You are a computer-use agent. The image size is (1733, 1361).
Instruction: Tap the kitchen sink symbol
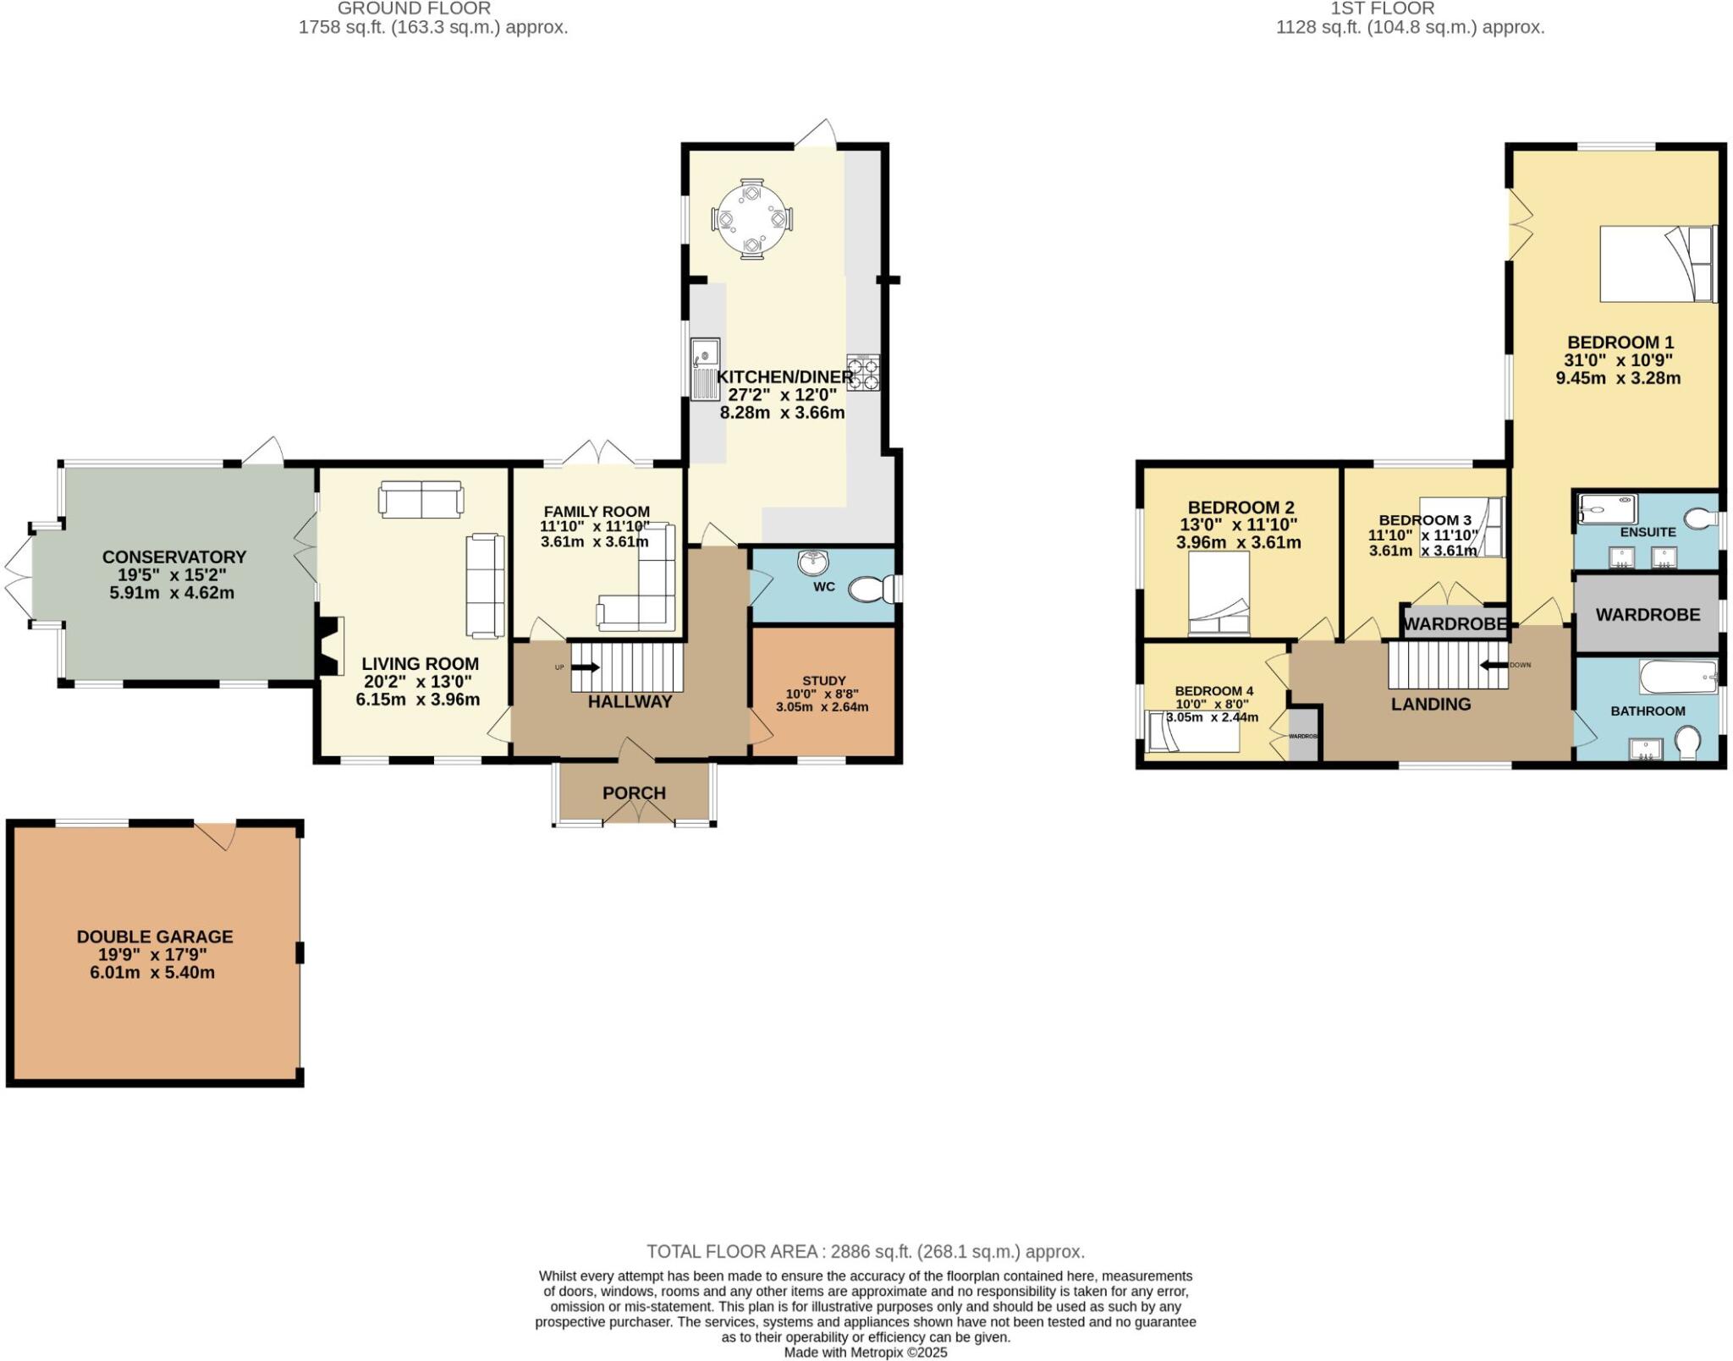click(704, 369)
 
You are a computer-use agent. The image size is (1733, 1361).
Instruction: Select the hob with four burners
click(863, 373)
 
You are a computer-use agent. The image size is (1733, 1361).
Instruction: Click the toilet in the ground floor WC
click(869, 589)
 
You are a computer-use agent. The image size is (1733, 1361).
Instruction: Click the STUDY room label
click(823, 680)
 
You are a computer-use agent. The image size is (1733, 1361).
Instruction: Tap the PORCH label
click(634, 793)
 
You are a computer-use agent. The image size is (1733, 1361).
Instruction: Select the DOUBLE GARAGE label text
click(154, 936)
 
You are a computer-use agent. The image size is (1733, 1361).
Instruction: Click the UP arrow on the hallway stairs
click(585, 667)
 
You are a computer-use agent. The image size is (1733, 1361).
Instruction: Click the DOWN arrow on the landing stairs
click(1493, 665)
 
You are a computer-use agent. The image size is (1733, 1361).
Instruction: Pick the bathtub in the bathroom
click(1678, 676)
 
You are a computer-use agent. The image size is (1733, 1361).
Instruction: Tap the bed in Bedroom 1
click(1656, 263)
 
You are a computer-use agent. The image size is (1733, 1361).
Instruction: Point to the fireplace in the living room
click(330, 645)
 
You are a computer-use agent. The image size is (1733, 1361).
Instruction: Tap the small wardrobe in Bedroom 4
click(1304, 737)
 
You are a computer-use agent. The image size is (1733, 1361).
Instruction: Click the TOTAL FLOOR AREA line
click(865, 1251)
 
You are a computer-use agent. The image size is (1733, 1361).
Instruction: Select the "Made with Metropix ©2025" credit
click(865, 1353)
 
